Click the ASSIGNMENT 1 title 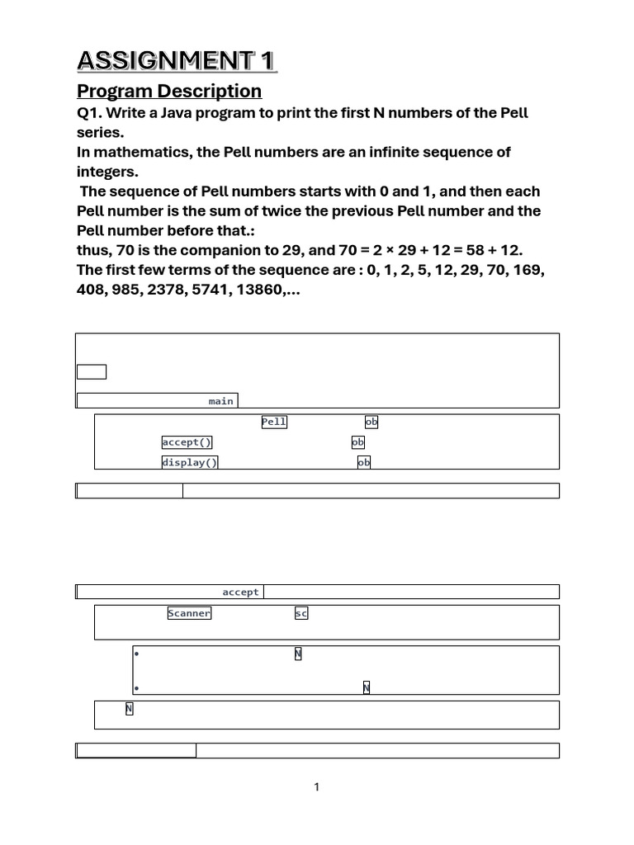click(177, 60)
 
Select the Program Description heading click(169, 91)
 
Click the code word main click(220, 401)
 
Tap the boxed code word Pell click(274, 422)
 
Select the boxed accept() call click(187, 442)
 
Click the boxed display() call click(190, 462)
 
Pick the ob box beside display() click(364, 462)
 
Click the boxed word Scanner click(189, 613)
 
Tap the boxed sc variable click(301, 613)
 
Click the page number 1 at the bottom click(317, 787)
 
